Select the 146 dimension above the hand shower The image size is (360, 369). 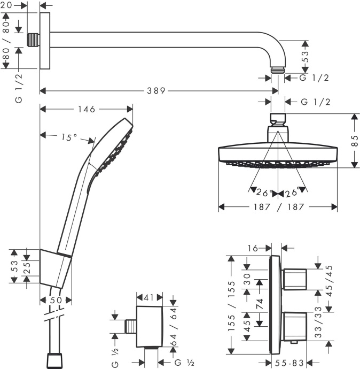click(85, 109)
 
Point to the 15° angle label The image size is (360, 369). click(69, 137)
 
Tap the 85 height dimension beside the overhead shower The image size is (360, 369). click(353, 141)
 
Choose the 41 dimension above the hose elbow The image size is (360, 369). click(149, 297)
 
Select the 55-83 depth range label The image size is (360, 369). click(291, 363)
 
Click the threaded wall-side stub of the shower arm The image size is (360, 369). click(34, 40)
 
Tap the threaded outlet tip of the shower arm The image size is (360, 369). click(278, 70)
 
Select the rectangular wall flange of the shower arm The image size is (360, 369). click(44, 41)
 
